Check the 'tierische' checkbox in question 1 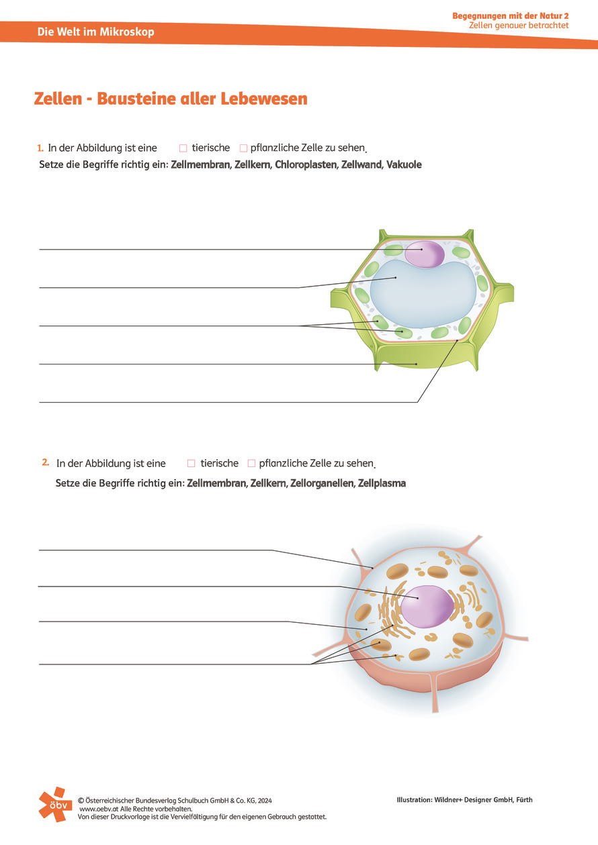coord(183,148)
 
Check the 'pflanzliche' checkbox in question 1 coord(244,148)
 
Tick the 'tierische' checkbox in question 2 coord(191,463)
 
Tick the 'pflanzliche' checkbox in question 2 coord(251,463)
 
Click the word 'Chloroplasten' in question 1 coord(306,165)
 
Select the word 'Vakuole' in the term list coord(404,165)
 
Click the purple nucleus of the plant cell coord(425,254)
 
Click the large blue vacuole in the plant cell coord(423,294)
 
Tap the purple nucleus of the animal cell coord(427,606)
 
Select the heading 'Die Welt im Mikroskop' coord(95,32)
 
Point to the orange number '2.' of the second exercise coord(45,462)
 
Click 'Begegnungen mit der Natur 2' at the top coord(511,16)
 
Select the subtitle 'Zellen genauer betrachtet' coord(519,26)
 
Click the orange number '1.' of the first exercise coord(40,148)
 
